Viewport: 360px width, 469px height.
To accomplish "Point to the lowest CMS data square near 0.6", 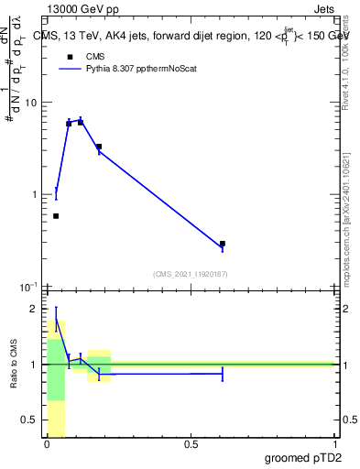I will pyautogui.click(x=56, y=216).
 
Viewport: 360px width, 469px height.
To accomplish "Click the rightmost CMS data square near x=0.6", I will pyautogui.click(x=223, y=244).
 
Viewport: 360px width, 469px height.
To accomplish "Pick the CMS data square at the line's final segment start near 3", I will pyautogui.click(x=99, y=147).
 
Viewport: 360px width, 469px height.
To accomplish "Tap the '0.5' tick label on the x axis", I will pyautogui.click(x=191, y=444).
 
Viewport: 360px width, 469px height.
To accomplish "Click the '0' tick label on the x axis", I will pyautogui.click(x=47, y=444).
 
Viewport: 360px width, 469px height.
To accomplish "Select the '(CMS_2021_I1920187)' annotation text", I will pyautogui.click(x=191, y=274).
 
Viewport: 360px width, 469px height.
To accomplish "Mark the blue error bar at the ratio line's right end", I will pyautogui.click(x=223, y=374).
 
